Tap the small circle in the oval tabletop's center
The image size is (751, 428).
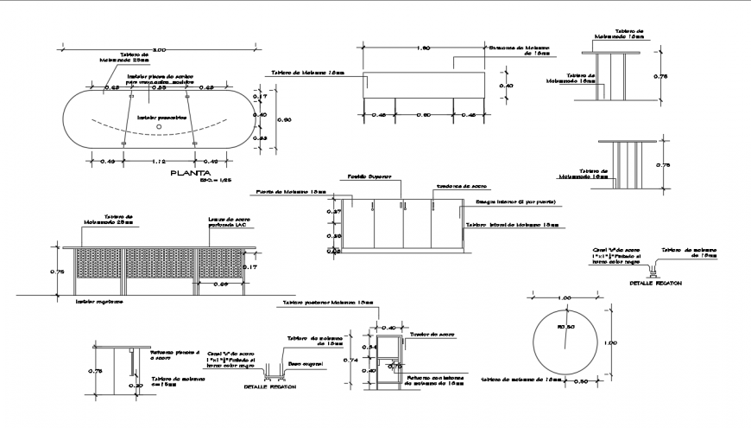[159, 127]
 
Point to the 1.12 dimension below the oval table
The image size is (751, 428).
[159, 161]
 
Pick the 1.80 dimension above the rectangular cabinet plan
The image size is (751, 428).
[423, 48]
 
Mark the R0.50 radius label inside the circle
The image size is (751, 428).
[566, 326]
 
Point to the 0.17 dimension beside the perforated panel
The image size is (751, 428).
[250, 266]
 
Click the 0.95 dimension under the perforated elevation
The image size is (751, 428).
[221, 284]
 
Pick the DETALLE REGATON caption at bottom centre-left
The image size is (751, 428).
[270, 386]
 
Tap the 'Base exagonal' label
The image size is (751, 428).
[306, 364]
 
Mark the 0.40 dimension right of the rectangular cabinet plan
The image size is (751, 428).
[508, 86]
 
